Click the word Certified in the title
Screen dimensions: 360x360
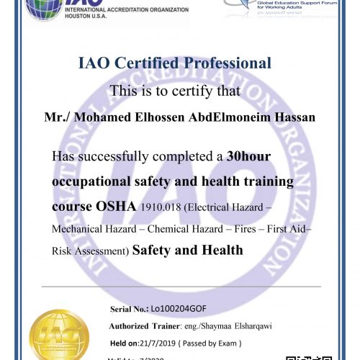pyautogui.click(x=146, y=63)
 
